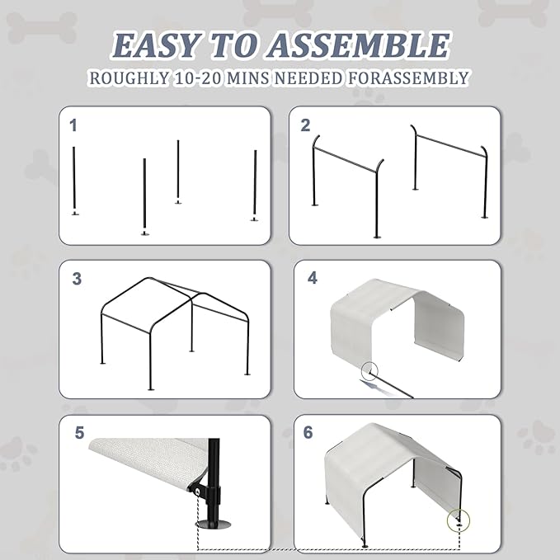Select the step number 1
[x=73, y=125]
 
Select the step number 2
[x=305, y=125]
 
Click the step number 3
[x=77, y=279]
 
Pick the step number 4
[x=312, y=278]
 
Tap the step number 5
[x=79, y=432]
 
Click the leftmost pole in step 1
[x=74, y=181]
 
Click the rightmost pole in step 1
[x=255, y=185]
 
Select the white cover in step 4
[x=388, y=318]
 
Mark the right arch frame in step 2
[x=450, y=169]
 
